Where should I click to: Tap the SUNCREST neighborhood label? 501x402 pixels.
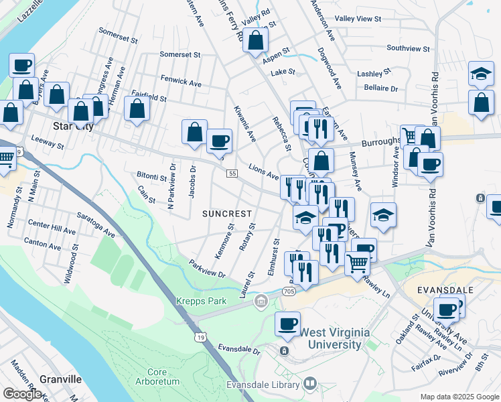[x=227, y=214]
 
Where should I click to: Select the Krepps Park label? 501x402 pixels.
[x=201, y=301]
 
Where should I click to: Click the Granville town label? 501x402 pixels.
[x=60, y=379]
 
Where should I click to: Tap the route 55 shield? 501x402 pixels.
[x=232, y=174]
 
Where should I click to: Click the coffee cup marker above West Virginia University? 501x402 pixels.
[x=288, y=324]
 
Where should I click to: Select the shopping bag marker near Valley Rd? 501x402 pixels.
[x=256, y=42]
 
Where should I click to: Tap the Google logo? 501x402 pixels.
[x=22, y=394]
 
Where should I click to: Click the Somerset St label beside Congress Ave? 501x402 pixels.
[x=117, y=31]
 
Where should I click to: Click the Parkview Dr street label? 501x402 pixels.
[x=206, y=269]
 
